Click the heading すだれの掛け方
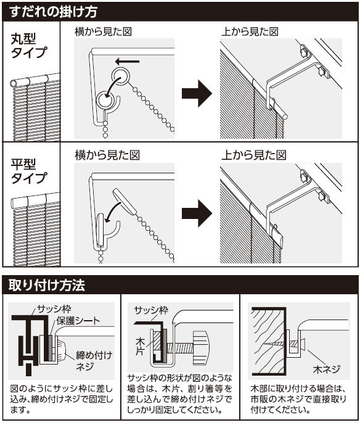(x=53, y=12)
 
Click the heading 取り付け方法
(x=47, y=285)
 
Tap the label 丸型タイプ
(x=29, y=46)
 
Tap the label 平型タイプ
(x=29, y=171)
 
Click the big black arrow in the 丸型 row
(x=197, y=94)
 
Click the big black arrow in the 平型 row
(x=197, y=213)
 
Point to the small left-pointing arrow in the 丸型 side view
(x=127, y=62)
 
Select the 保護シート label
(x=78, y=321)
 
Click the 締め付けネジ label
(x=94, y=361)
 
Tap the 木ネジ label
(x=326, y=369)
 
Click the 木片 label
(x=141, y=346)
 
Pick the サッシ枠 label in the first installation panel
(x=54, y=308)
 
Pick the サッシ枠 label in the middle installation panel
(x=152, y=310)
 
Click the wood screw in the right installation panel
(x=285, y=344)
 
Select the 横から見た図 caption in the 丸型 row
(x=103, y=31)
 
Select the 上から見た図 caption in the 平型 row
(x=253, y=155)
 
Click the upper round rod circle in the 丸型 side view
(x=120, y=76)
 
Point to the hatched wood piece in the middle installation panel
(x=157, y=343)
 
